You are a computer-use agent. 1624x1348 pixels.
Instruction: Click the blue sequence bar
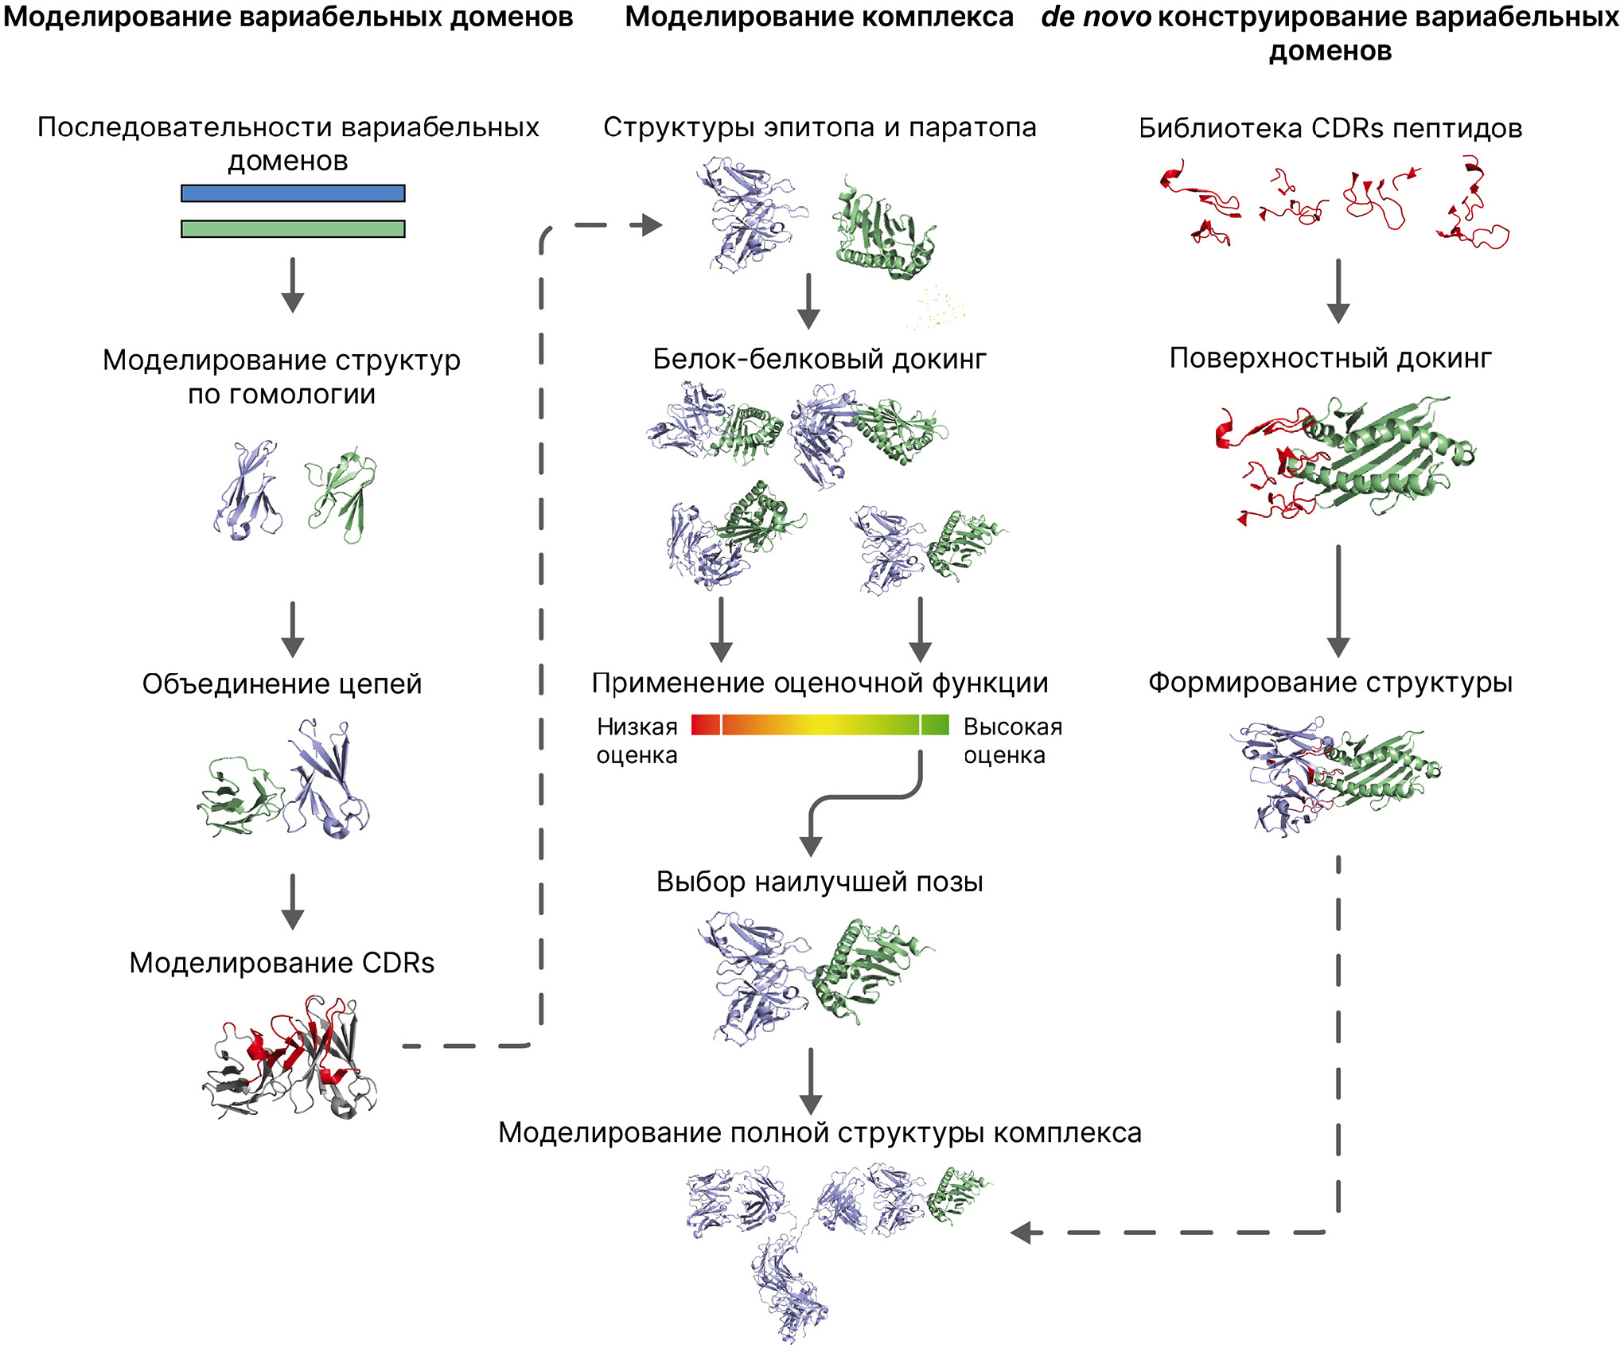[293, 193]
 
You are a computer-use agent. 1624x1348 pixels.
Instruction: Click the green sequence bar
[293, 229]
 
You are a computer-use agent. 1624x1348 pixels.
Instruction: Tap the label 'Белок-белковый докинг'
[820, 359]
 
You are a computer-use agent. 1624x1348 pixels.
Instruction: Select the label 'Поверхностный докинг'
[1330, 358]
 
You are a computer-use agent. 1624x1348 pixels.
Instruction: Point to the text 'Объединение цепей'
[282, 684]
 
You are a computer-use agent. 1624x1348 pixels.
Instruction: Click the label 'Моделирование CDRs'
[282, 963]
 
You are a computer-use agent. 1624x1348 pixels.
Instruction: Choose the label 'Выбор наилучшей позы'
[820, 882]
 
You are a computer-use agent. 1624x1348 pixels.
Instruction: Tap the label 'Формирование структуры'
[1330, 682]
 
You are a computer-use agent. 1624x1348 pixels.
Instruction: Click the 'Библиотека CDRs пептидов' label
[1330, 128]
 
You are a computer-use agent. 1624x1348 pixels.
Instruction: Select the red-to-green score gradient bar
[820, 725]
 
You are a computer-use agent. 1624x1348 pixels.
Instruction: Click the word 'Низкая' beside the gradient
[637, 727]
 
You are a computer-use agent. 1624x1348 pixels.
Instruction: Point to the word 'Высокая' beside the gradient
[1013, 727]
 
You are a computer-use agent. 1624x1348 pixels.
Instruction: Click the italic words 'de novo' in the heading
[1096, 17]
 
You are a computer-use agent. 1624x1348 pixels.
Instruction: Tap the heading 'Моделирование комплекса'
[820, 17]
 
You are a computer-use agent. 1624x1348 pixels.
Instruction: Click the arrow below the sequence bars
[293, 285]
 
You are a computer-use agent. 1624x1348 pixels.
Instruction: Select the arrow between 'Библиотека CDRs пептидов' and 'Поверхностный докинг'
[1338, 290]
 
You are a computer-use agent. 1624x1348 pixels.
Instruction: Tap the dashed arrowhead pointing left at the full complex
[1025, 1233]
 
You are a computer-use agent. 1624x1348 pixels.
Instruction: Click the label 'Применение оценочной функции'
[820, 683]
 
